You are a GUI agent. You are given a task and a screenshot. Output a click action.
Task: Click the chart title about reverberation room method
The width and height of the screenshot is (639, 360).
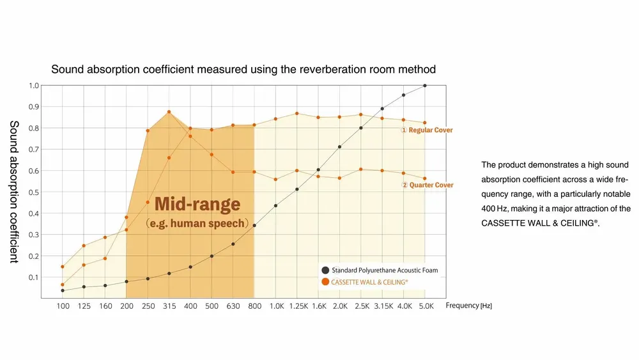tap(243, 69)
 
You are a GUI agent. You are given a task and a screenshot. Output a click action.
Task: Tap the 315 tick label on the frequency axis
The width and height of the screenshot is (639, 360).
tap(169, 306)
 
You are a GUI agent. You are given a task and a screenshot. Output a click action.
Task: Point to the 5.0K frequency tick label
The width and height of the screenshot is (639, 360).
tap(425, 306)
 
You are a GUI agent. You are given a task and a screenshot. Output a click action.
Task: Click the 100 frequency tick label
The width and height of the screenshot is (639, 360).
tap(63, 306)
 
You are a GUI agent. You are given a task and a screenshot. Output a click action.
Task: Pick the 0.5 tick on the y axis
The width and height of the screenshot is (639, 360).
tap(34, 192)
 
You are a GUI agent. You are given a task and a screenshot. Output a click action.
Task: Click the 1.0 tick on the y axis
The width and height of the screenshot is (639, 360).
tap(34, 85)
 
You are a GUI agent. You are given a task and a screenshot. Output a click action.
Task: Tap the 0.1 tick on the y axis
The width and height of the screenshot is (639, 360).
tap(34, 278)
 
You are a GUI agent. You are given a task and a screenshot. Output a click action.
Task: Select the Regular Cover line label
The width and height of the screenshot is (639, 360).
tap(427, 130)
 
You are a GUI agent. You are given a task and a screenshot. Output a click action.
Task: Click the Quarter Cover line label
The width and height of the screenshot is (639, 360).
tap(427, 185)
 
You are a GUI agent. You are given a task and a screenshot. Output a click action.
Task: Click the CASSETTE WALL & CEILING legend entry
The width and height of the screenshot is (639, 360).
tap(369, 281)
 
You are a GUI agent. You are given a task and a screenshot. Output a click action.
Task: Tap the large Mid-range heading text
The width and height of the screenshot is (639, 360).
tap(197, 205)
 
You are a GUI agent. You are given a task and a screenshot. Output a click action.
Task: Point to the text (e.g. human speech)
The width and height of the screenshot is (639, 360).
tap(197, 224)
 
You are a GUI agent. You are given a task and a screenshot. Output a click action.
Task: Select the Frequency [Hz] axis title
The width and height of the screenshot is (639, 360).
tap(468, 306)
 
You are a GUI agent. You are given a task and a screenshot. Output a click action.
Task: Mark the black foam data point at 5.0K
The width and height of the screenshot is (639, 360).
tap(425, 85)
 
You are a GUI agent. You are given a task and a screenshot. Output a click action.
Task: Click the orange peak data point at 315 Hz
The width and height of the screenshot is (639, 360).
tap(169, 112)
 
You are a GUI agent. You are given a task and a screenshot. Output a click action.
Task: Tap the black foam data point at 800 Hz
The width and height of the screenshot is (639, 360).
tap(254, 225)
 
